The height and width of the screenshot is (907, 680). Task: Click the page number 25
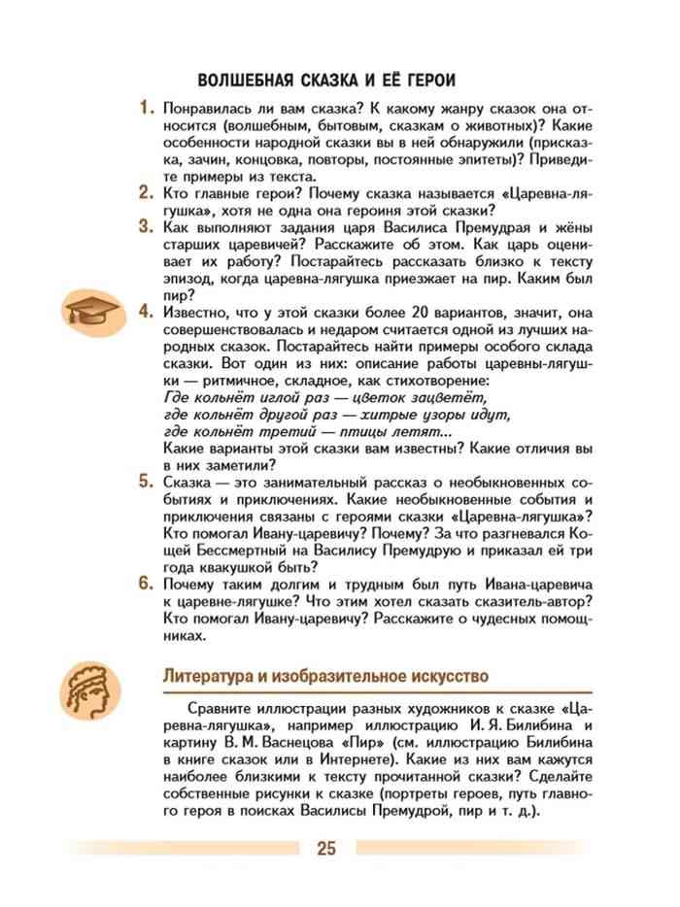coord(325,849)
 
